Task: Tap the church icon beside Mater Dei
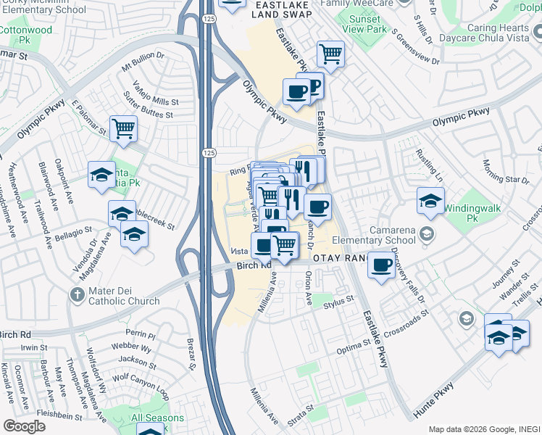(78, 294)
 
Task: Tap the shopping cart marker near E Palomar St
(123, 129)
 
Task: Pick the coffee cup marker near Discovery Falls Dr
(381, 265)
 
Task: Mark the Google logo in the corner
(24, 426)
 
